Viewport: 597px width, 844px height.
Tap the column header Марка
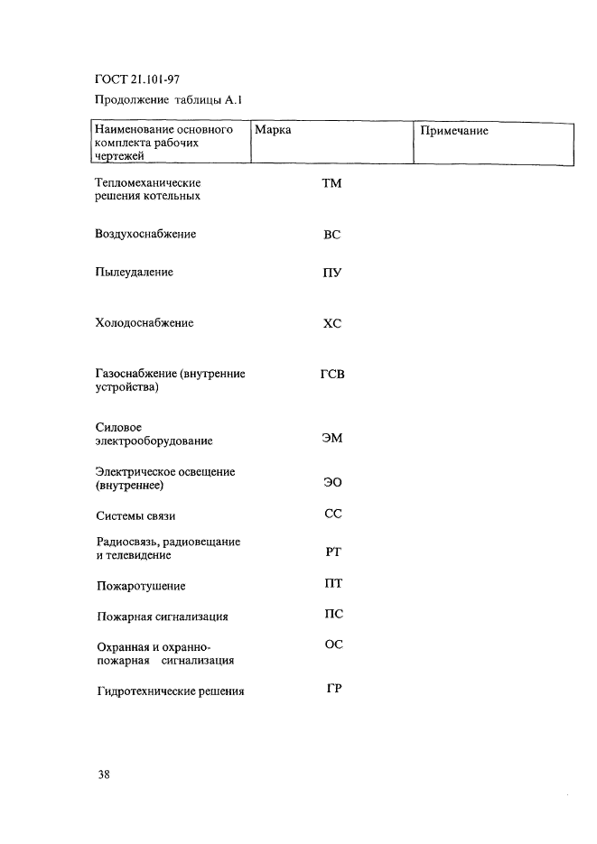click(x=273, y=131)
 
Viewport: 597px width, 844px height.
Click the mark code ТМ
click(x=331, y=184)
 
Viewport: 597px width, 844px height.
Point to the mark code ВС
click(x=331, y=235)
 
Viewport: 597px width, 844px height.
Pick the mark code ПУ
click(x=331, y=273)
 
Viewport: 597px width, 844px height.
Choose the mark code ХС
click(x=331, y=323)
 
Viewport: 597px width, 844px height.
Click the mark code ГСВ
click(x=331, y=374)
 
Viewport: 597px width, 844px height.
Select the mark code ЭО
click(x=331, y=483)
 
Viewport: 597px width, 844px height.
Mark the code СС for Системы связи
click(x=332, y=514)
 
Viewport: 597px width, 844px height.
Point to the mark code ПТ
click(x=332, y=583)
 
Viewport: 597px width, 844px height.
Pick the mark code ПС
click(x=332, y=614)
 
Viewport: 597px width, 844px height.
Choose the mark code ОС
click(x=332, y=645)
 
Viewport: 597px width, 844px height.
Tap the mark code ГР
click(x=332, y=689)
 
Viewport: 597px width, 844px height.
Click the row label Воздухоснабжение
click(x=145, y=235)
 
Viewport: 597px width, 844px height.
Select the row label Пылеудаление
click(x=134, y=272)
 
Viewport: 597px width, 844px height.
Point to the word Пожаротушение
click(x=141, y=587)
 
